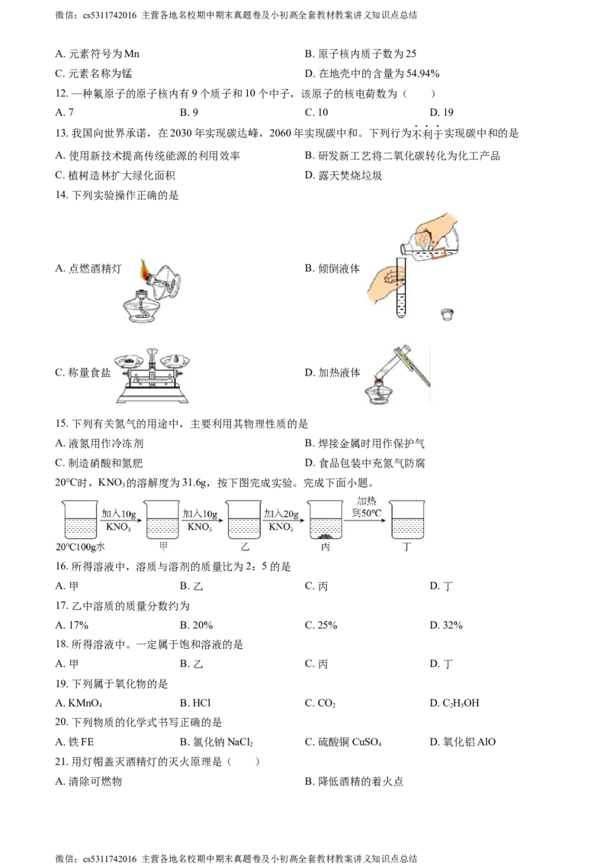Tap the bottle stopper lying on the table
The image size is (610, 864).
coord(448,313)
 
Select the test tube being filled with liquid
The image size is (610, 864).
coord(400,290)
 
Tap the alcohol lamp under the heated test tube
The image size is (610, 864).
coord(377,394)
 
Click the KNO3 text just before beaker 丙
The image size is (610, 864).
coord(281,527)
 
